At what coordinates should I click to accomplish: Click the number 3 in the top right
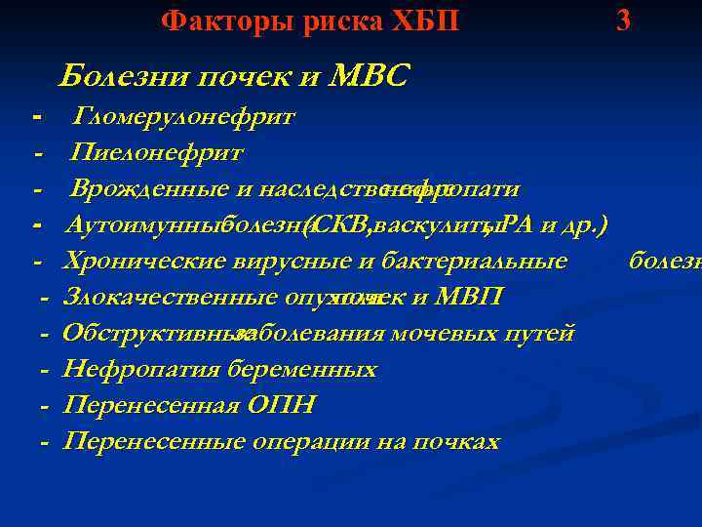click(x=623, y=20)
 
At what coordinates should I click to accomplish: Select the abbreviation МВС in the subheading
click(x=370, y=76)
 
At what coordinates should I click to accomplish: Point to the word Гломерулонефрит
click(x=184, y=118)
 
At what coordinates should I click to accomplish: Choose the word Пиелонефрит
click(x=157, y=153)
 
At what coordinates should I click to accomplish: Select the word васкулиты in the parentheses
click(x=434, y=225)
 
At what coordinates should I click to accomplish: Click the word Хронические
click(x=136, y=262)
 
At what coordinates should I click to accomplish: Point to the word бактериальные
click(x=487, y=262)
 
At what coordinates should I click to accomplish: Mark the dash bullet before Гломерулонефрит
click(x=37, y=118)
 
